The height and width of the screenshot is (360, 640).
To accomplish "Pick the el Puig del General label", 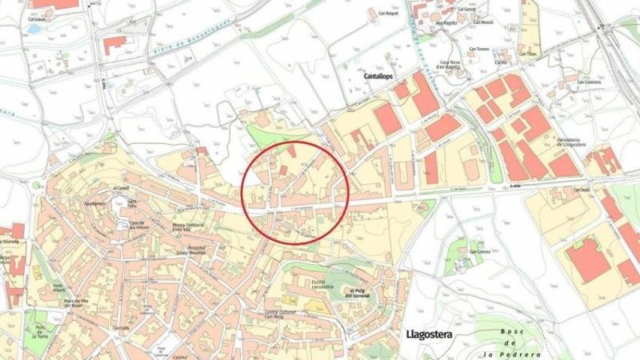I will point(362,293).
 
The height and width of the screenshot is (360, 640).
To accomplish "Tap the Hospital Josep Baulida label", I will point(196,250).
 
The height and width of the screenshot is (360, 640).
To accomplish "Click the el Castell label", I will point(121,187).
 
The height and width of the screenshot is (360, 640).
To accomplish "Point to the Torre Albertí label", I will point(59,289).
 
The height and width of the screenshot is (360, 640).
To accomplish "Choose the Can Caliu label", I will point(122,328).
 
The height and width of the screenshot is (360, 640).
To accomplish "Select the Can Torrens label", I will point(479,49).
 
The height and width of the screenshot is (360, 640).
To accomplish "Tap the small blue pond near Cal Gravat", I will point(34,28).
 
